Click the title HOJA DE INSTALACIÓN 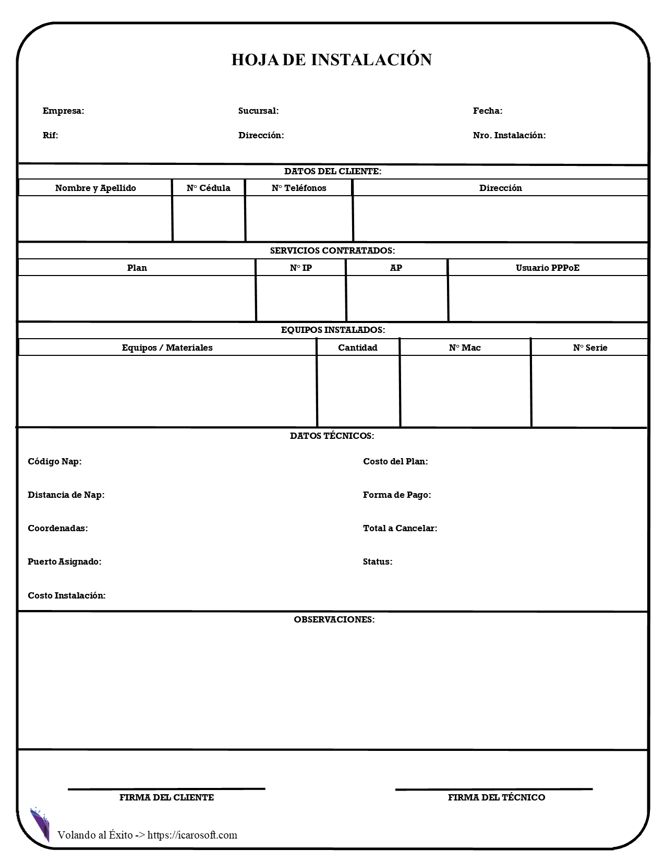pyautogui.click(x=332, y=59)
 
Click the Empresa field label pyautogui.click(x=63, y=111)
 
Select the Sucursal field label pyautogui.click(x=258, y=111)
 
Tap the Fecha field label pyautogui.click(x=487, y=111)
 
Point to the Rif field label pyautogui.click(x=50, y=135)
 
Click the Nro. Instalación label pyautogui.click(x=509, y=135)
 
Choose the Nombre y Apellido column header pyautogui.click(x=95, y=188)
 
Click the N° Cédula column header pyautogui.click(x=208, y=188)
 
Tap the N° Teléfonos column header pyautogui.click(x=299, y=188)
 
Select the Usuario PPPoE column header pyautogui.click(x=548, y=268)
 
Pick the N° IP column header pyautogui.click(x=301, y=268)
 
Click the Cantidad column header pyautogui.click(x=358, y=348)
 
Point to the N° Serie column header pyautogui.click(x=590, y=348)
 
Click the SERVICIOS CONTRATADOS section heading pyautogui.click(x=332, y=250)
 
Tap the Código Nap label pyautogui.click(x=54, y=461)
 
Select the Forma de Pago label pyautogui.click(x=397, y=495)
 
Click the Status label pyautogui.click(x=378, y=561)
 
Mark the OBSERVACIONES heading pyautogui.click(x=334, y=619)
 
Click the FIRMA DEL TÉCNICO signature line pyautogui.click(x=494, y=790)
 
